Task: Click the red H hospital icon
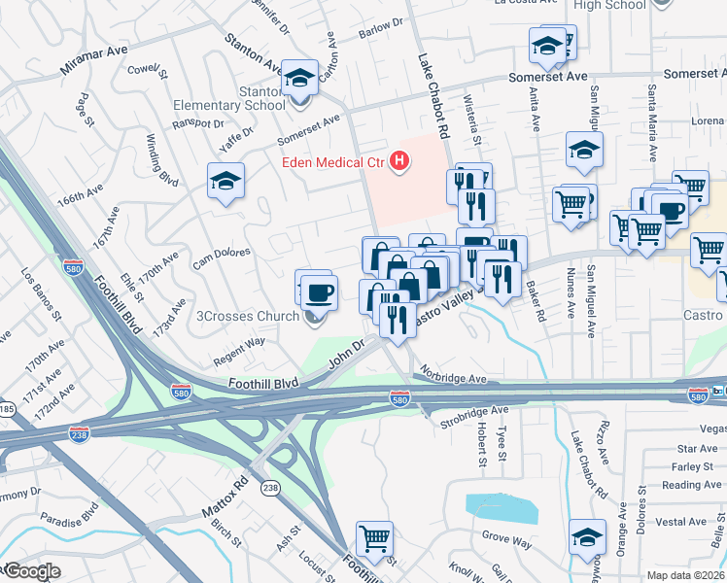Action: coord(397,161)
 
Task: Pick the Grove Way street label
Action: coord(508,535)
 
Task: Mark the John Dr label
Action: coord(345,352)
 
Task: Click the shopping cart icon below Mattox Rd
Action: coord(374,536)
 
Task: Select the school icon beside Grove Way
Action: coord(588,536)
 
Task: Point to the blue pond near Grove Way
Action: coord(501,507)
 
